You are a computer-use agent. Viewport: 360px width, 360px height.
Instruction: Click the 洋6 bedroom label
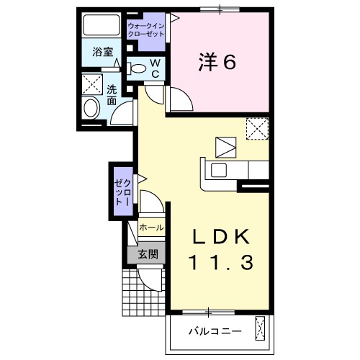[217, 62]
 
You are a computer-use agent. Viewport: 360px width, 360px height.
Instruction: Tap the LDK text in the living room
[221, 236]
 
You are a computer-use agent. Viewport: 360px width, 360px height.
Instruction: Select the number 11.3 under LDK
[221, 262]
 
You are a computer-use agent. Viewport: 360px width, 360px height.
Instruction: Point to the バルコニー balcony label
[215, 332]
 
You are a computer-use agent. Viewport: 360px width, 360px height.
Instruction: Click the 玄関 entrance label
[148, 254]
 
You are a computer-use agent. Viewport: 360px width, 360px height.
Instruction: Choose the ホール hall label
[151, 228]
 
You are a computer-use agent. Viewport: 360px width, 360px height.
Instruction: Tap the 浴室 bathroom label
[103, 52]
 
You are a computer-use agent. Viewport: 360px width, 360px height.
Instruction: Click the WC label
[156, 68]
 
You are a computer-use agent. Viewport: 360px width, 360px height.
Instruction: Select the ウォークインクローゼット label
[146, 30]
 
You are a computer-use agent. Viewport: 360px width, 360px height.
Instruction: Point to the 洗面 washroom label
[112, 95]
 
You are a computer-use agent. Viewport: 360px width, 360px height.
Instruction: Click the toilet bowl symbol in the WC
[136, 68]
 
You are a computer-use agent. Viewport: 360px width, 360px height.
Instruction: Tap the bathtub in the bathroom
[101, 25]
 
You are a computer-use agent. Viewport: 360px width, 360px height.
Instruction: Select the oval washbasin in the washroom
[91, 108]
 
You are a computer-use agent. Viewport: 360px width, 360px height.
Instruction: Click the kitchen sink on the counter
[219, 170]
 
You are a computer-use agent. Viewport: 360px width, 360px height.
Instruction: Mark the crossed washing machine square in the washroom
[92, 84]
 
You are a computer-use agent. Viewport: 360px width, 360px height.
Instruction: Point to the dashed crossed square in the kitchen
[257, 128]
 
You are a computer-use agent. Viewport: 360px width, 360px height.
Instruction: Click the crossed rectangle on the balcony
[260, 328]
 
